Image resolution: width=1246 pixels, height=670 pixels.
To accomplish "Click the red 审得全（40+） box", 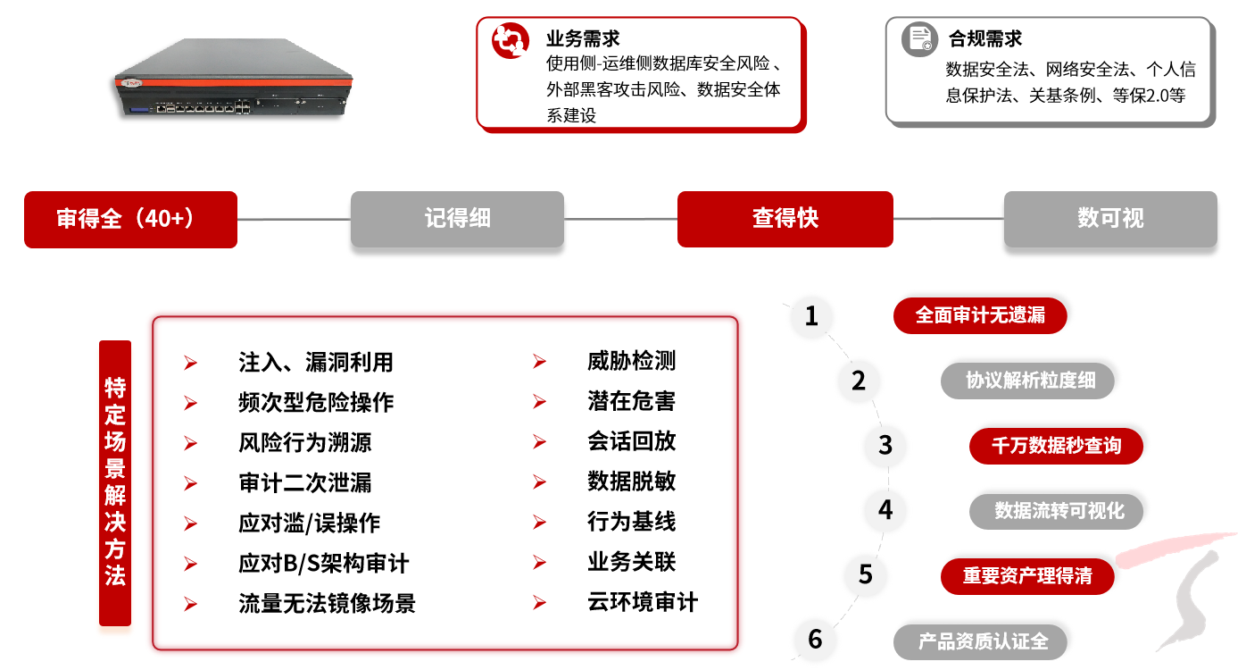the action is (130, 220).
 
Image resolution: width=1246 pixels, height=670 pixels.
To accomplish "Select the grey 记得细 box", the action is (457, 219).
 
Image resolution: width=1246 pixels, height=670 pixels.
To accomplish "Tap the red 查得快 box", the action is (785, 219).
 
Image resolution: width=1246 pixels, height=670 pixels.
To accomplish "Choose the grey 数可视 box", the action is (1110, 219).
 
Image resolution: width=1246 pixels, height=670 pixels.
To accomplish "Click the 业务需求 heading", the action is (583, 38).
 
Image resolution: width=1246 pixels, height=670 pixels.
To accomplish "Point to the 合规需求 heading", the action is (984, 38).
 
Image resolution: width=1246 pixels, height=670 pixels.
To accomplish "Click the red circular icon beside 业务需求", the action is (510, 41).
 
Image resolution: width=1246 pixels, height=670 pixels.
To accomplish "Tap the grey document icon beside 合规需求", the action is (920, 39).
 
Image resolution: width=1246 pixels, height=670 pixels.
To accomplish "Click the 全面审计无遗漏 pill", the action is (980, 315).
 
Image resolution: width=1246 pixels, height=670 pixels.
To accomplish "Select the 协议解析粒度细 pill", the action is (1027, 381).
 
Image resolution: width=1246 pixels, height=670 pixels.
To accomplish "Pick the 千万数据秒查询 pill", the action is (1056, 446).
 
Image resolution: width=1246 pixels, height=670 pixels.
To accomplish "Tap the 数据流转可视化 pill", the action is (1056, 511).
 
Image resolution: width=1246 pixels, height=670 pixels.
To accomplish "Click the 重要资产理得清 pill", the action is (1027, 576).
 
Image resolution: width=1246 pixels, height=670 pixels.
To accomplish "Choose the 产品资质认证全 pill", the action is (980, 641).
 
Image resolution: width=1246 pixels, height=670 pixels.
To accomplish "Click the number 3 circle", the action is (885, 445).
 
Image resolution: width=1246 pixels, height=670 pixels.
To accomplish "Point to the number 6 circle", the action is (815, 639).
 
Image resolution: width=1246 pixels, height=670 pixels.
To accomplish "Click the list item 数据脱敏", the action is (631, 482).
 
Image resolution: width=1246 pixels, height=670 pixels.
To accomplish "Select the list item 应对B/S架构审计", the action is (324, 563).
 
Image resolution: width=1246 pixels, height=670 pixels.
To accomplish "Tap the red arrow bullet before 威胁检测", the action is (539, 362).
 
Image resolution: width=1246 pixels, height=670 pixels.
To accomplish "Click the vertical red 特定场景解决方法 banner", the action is (115, 482).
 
